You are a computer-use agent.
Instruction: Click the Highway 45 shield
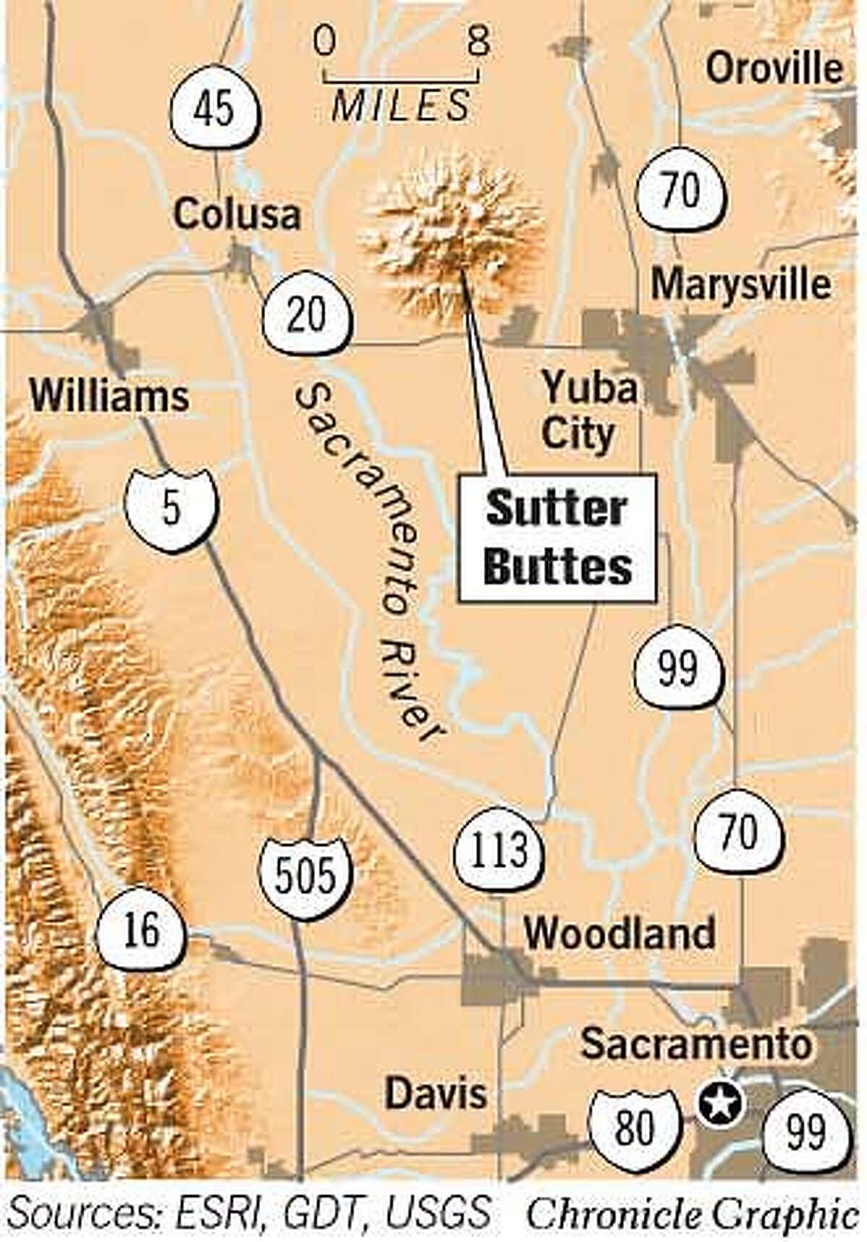coord(215,109)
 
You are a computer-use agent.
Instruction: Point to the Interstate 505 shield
coord(306,876)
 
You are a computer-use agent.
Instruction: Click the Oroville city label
coord(775,69)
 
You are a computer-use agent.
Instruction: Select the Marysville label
coord(741,284)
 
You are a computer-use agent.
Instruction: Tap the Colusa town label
coord(237,214)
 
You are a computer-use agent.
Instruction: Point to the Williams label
coord(110,396)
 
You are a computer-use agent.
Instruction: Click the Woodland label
coord(619,933)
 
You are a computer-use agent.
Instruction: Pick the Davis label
coord(436,1093)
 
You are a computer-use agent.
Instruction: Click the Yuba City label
coord(587,411)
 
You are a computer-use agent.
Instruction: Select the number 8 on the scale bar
coord(478,42)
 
